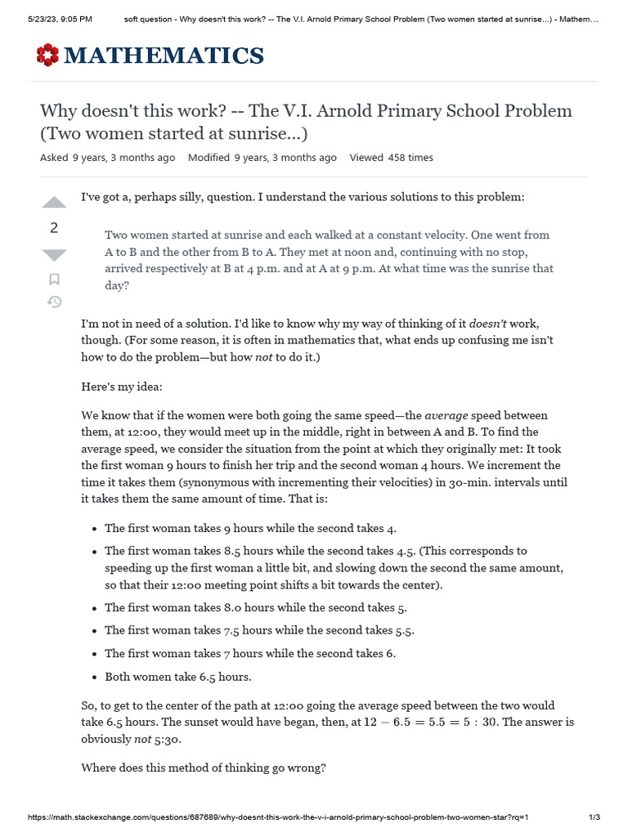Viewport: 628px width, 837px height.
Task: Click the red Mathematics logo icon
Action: [x=48, y=56]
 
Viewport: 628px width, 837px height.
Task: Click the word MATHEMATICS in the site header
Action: [x=164, y=56]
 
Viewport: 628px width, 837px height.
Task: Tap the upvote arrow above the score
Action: [x=54, y=202]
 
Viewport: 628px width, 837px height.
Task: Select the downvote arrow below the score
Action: [x=54, y=255]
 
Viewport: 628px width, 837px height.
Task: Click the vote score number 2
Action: [x=54, y=228]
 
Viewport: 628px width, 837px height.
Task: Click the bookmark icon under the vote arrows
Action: [x=54, y=280]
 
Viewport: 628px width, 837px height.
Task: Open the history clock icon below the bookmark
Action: [x=54, y=302]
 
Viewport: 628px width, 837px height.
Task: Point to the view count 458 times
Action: [x=410, y=158]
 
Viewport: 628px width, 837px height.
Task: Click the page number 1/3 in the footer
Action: [x=594, y=817]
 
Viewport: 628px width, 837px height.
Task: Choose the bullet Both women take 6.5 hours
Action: [x=178, y=677]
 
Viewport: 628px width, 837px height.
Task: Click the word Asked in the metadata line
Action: [x=54, y=158]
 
